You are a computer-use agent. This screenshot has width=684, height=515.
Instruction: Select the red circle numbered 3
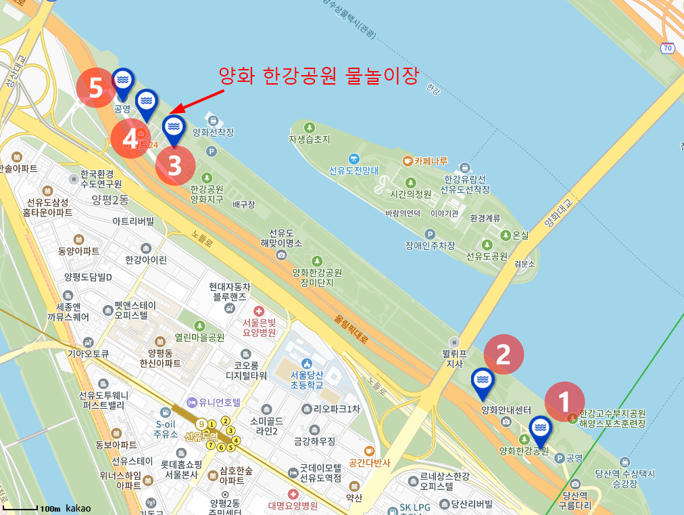coord(175,165)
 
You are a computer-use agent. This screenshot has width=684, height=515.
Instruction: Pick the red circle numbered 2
coord(504,354)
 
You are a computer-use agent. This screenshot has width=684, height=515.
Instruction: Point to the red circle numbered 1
coord(564,401)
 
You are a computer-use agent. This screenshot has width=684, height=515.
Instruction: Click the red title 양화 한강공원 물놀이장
coord(320,74)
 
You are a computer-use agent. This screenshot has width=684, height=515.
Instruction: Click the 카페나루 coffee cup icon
coord(407,160)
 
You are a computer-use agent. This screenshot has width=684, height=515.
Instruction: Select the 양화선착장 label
coord(214,133)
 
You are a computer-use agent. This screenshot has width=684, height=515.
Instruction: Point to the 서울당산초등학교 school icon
coord(307,364)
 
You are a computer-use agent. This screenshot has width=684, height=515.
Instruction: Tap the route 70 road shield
coord(668,47)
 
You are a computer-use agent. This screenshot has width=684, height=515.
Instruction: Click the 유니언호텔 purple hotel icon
coord(192,402)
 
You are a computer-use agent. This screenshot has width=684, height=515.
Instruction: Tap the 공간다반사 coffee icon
coord(369,451)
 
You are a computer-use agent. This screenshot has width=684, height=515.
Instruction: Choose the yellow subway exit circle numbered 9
coord(201,424)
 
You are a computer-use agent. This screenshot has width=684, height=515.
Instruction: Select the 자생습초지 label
coord(310,139)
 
